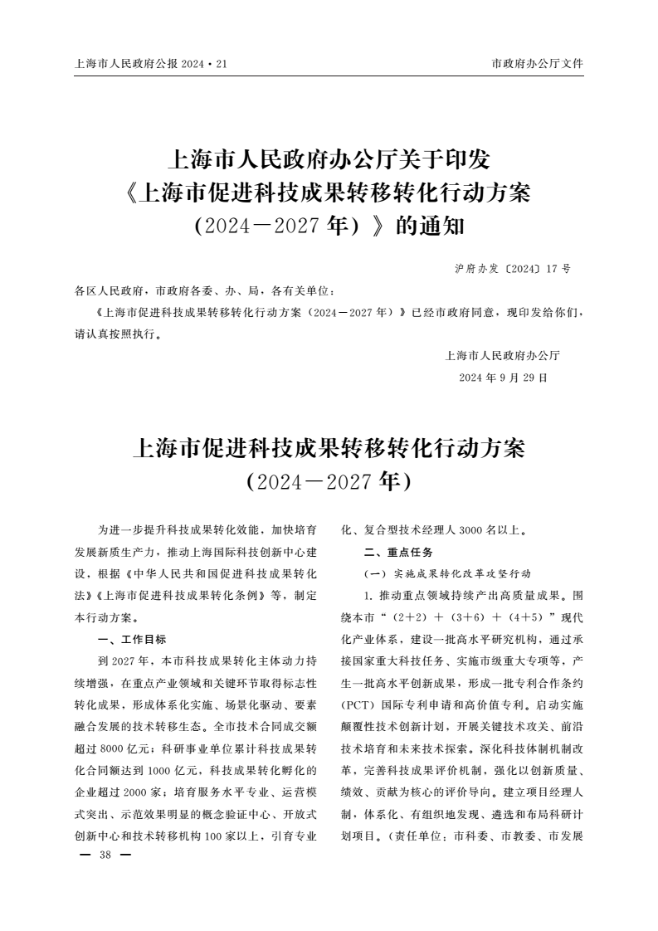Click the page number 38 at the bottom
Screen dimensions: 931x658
coord(105,855)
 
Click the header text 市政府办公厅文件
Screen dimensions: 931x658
coord(537,64)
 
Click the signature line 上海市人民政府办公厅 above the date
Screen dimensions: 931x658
coord(503,356)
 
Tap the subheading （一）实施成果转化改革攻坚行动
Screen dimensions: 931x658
coord(447,573)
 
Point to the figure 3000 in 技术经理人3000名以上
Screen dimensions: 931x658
coord(470,529)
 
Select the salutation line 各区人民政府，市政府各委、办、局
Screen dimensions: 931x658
coord(205,292)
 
